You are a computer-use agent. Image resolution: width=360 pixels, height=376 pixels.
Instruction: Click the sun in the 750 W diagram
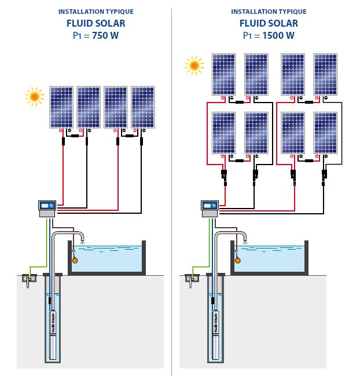click(35, 96)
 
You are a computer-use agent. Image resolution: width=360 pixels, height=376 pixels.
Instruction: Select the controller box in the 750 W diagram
click(47, 206)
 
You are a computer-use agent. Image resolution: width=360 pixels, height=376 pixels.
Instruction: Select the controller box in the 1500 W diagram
click(210, 206)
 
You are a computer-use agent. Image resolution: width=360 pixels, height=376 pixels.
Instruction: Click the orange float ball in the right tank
click(238, 260)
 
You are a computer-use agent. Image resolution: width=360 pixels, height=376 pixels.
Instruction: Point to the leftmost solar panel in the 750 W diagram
click(60, 107)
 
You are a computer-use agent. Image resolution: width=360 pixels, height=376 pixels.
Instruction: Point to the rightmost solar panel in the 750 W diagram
click(143, 107)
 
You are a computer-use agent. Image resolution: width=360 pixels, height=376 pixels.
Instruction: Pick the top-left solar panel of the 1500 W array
click(223, 74)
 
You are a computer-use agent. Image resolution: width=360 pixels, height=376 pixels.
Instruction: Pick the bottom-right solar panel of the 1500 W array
click(325, 132)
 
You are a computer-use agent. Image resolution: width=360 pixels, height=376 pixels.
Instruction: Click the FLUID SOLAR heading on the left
click(95, 24)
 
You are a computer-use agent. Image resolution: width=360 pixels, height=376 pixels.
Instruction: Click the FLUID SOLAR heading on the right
click(269, 24)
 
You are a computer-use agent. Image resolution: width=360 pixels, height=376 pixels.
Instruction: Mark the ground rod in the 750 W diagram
click(27, 280)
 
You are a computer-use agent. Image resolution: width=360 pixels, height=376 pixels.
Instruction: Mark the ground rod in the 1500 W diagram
click(189, 280)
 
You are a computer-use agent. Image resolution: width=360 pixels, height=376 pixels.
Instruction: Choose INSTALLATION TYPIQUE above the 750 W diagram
click(95, 12)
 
